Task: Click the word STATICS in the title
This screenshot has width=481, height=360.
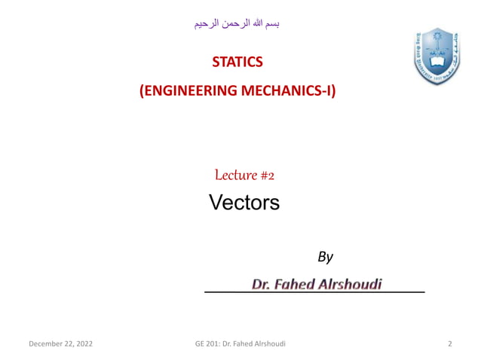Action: coord(237,61)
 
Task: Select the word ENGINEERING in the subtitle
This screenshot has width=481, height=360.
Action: coord(188,92)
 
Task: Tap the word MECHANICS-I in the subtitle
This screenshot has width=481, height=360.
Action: coord(288,92)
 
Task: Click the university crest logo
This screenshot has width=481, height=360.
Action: coord(437,55)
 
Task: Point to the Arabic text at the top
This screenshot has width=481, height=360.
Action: coord(237,24)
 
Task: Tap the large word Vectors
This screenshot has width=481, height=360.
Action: coord(244,203)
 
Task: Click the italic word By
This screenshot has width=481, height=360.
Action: coord(325,257)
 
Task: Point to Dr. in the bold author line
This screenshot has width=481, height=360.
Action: coord(261,284)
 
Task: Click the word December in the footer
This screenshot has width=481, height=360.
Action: coord(46,344)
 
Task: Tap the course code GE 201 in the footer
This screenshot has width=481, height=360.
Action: coord(205,344)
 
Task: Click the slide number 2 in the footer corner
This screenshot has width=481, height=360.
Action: coord(450,344)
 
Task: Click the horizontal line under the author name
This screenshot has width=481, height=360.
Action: coord(314,291)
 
